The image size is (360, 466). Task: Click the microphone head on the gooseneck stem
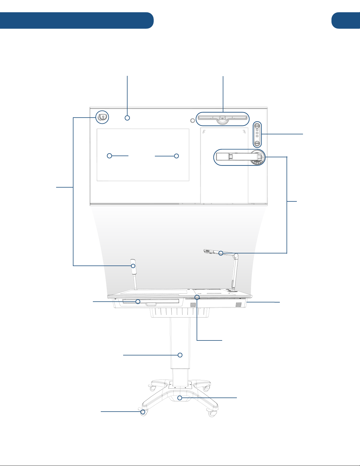[x=133, y=263]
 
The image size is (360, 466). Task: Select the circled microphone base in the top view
[x=102, y=117]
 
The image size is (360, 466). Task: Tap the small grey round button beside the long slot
[x=193, y=120]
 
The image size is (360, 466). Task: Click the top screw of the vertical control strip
[x=257, y=124]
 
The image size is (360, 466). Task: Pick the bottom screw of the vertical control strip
[x=257, y=143]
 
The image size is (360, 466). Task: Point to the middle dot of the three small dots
[x=257, y=133]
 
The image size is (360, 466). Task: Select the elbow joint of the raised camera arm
[x=235, y=256]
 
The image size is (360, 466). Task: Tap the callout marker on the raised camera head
[x=221, y=253]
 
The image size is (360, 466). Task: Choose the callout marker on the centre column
[x=180, y=355]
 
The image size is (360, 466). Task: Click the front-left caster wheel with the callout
[x=143, y=412]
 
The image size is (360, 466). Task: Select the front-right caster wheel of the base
[x=212, y=414]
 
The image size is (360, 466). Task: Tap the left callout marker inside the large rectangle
[x=109, y=156]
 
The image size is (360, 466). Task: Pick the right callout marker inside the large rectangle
[x=176, y=156]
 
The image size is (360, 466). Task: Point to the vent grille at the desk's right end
[x=239, y=305]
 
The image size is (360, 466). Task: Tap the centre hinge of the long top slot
[x=222, y=118]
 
